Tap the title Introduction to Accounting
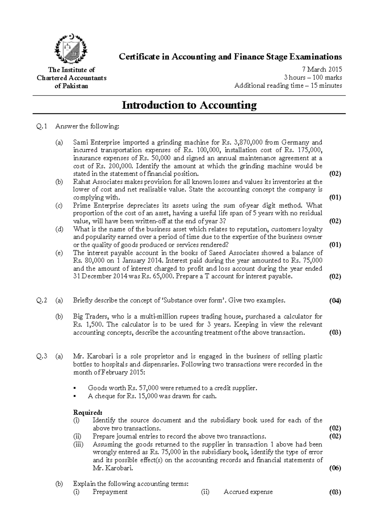[189, 105]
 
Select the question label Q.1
[42, 126]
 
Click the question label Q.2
[42, 300]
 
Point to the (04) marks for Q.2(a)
[335, 301]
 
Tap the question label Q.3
[42, 356]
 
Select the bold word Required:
[87, 412]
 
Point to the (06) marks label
[335, 468]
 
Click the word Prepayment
[110, 492]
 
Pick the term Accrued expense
[248, 492]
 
